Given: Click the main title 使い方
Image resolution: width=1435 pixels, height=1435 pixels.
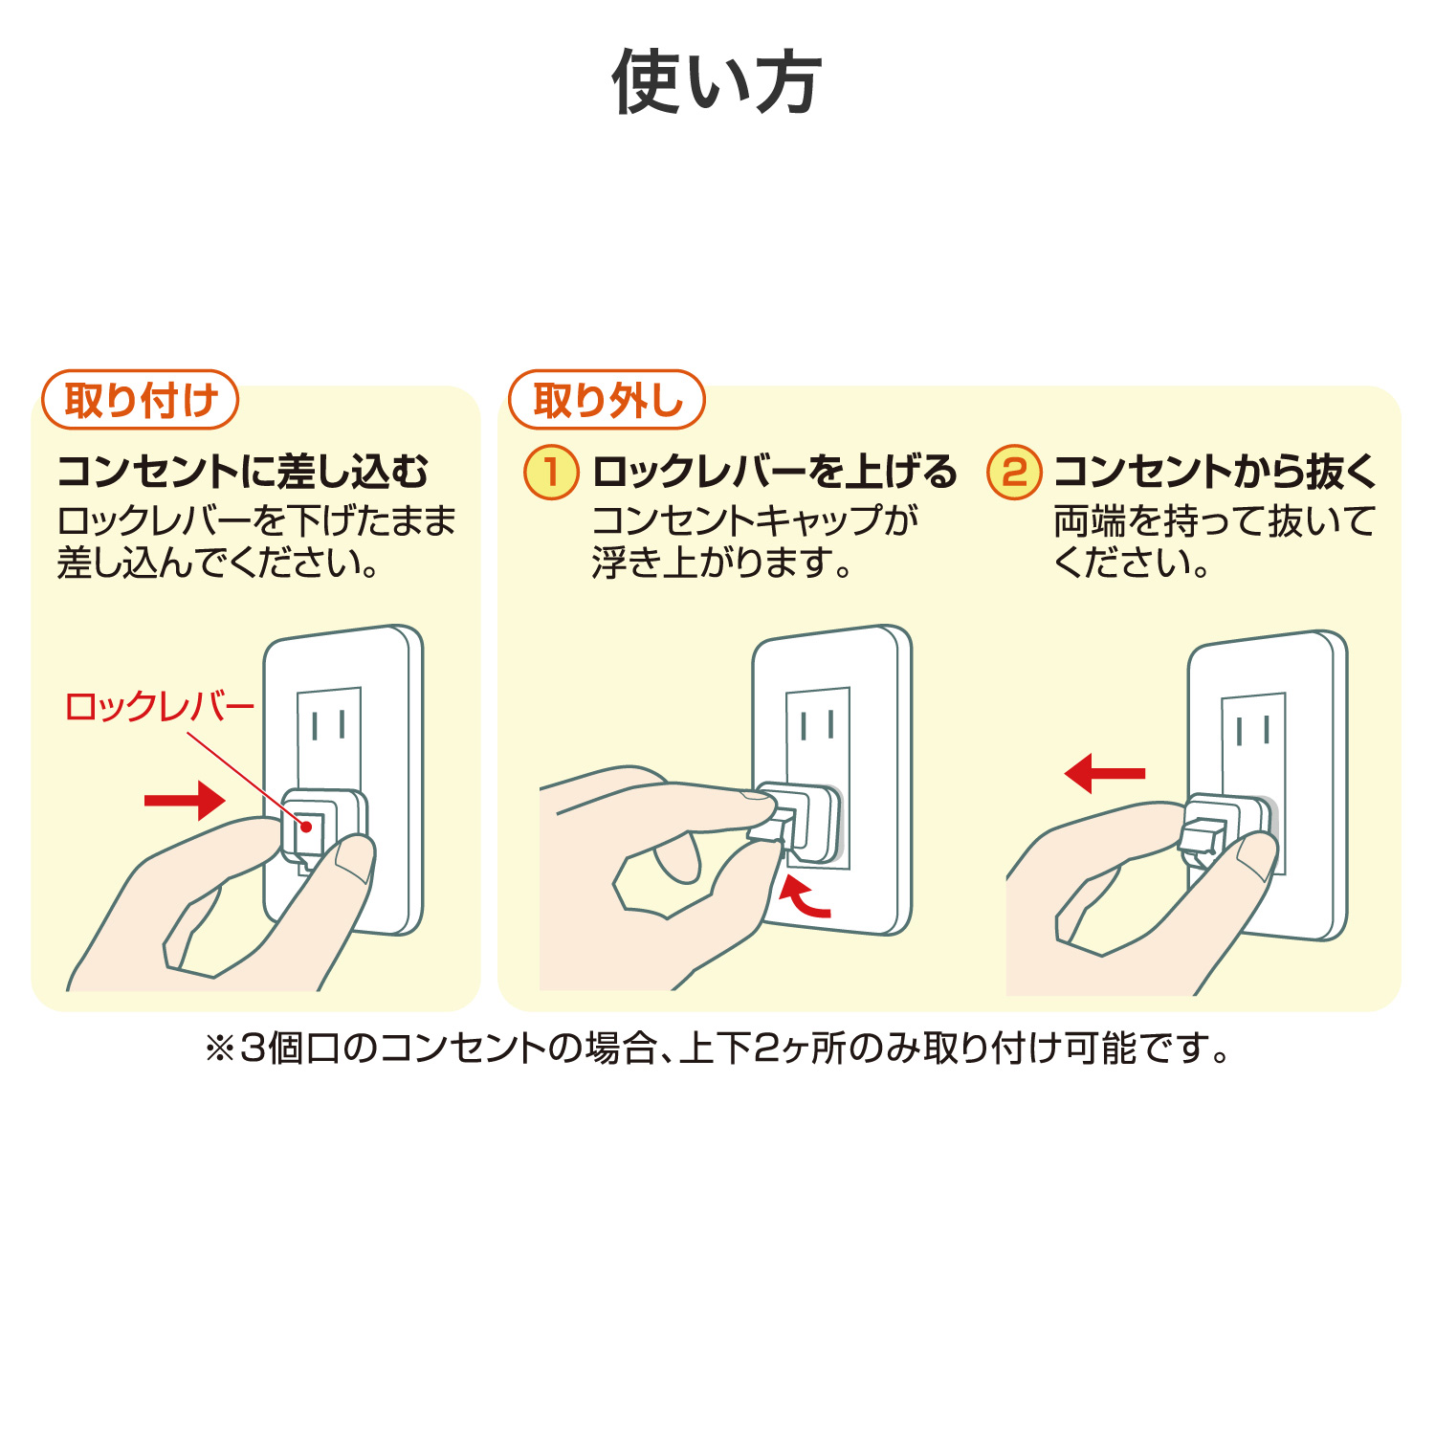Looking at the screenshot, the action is pos(717,82).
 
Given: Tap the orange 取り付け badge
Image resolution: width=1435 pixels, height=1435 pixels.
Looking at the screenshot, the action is pos(140,400).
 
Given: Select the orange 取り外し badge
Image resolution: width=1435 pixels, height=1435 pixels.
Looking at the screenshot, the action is pos(607,400).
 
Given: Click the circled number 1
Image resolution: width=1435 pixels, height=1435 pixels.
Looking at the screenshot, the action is pos(551,472).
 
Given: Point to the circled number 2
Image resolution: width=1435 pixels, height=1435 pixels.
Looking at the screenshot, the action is pos(1014,472).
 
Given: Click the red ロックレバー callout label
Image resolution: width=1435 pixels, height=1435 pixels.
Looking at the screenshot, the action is pos(159,707).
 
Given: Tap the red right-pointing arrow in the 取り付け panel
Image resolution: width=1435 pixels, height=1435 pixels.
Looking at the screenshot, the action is pos(185,800).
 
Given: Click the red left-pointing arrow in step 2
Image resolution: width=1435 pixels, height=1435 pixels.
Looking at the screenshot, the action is pos(1105,773).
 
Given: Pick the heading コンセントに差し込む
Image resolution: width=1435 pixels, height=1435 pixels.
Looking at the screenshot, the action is pos(243,472).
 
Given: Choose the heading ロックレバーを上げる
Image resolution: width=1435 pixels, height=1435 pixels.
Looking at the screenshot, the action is pos(774,472).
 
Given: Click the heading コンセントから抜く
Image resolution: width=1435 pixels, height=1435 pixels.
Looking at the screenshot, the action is pos(1215,472).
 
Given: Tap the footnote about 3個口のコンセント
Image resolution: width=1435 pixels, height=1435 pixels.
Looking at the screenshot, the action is pos(717,1049).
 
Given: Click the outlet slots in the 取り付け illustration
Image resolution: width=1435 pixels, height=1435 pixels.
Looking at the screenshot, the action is pos(328,724).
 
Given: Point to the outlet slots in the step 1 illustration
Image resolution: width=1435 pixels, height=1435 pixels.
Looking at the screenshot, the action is pos(818,724).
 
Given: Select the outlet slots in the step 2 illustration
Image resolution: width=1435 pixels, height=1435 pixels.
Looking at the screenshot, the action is pos(1253,730).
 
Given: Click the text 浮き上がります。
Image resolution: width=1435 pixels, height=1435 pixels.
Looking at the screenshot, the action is pos(721,563).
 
